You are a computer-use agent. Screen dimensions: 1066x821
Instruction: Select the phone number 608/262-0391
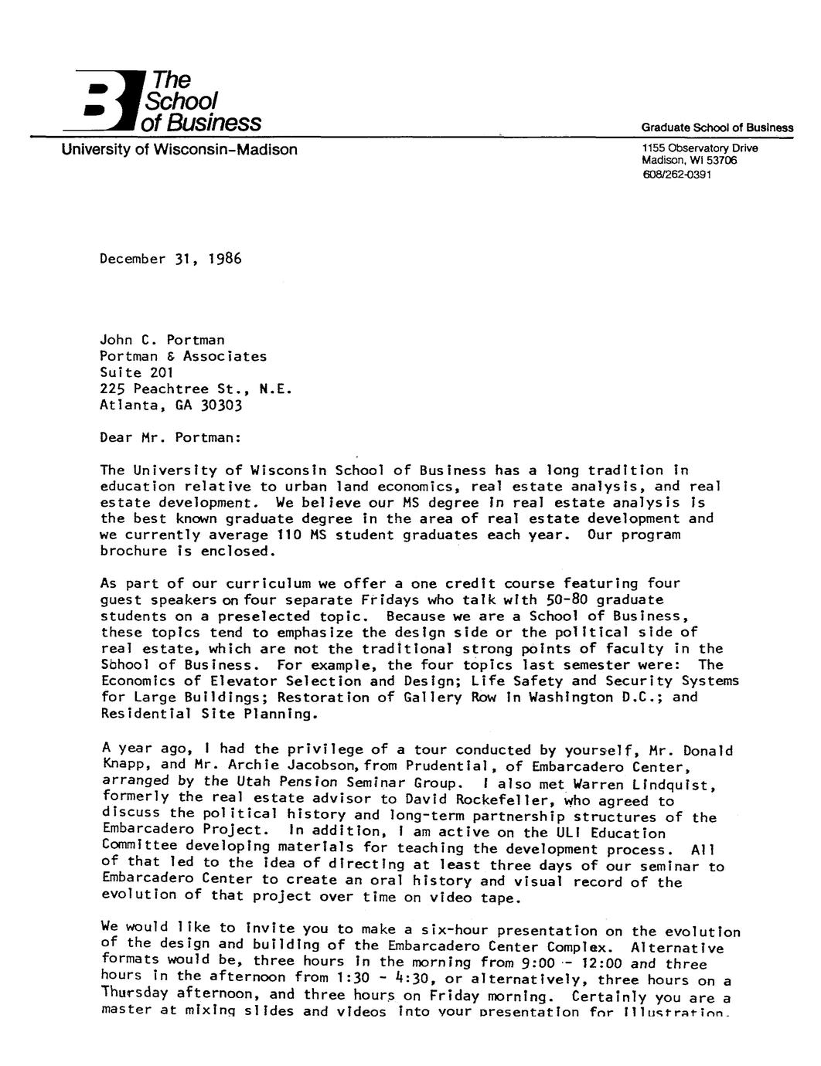[x=676, y=174]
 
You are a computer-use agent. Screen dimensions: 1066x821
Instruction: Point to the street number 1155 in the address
[x=653, y=148]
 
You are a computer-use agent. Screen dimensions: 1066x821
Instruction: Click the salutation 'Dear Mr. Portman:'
[x=171, y=437]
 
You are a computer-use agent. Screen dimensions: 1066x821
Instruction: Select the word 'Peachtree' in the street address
[x=171, y=389]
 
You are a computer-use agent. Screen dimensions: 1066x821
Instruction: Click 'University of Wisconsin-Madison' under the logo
[x=179, y=149]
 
